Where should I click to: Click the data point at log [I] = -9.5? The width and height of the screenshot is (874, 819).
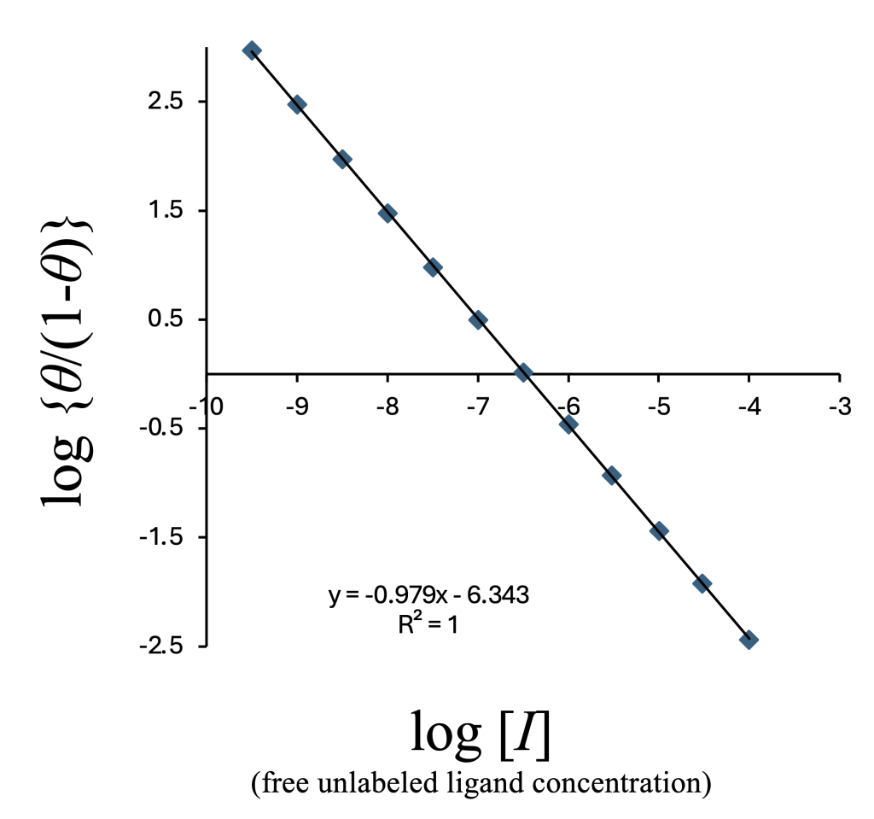[x=252, y=50]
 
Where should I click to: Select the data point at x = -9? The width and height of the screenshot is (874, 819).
[x=297, y=105]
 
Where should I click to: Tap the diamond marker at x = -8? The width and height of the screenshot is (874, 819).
[x=387, y=214]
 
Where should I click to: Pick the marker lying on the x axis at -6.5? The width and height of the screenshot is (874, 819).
[x=523, y=372]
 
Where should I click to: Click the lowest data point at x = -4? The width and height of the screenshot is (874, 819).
[x=749, y=640]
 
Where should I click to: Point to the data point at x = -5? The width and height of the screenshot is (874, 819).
[x=659, y=530]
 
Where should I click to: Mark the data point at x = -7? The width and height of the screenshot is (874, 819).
[x=478, y=320]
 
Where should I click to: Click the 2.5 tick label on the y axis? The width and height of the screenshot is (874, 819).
[x=166, y=102]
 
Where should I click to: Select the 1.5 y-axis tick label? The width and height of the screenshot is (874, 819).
[x=166, y=211]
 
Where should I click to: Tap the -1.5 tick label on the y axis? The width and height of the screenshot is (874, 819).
[x=162, y=537]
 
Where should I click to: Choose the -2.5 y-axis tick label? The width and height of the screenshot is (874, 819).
[x=162, y=646]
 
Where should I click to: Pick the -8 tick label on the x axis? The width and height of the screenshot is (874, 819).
[x=387, y=406]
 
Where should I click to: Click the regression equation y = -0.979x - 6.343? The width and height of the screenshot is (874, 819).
[x=429, y=595]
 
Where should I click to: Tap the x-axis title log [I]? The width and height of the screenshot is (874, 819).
[x=480, y=734]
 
